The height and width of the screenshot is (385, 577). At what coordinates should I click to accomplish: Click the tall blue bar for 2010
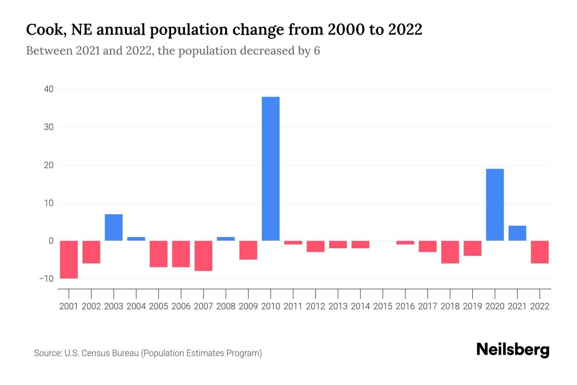(x=271, y=168)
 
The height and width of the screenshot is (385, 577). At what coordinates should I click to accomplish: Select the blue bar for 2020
(x=495, y=204)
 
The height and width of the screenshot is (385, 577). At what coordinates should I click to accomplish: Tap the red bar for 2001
(x=69, y=260)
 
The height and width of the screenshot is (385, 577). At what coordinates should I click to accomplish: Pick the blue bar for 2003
(x=114, y=227)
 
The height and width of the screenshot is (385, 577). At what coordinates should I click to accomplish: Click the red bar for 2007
(x=203, y=256)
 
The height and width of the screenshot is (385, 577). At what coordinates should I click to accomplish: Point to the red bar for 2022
(x=539, y=252)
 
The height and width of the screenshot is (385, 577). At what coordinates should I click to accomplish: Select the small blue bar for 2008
(x=226, y=239)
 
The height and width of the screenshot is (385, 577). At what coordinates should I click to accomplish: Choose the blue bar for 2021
(x=517, y=233)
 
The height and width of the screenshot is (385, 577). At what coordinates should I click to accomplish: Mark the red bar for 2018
(x=450, y=252)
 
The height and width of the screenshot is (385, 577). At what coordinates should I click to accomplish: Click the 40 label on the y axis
(x=49, y=89)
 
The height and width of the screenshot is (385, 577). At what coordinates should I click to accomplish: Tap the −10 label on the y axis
(x=46, y=278)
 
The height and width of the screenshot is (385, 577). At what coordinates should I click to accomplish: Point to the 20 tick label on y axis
(x=49, y=165)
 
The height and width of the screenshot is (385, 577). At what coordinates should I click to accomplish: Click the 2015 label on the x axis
(x=383, y=306)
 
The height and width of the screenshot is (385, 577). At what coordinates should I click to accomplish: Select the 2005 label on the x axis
(x=159, y=306)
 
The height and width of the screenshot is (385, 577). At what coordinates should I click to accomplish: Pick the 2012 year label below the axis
(x=315, y=306)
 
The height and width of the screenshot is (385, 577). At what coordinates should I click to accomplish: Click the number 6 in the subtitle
(x=317, y=51)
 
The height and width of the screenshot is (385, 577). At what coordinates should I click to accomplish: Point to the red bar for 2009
(x=248, y=250)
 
